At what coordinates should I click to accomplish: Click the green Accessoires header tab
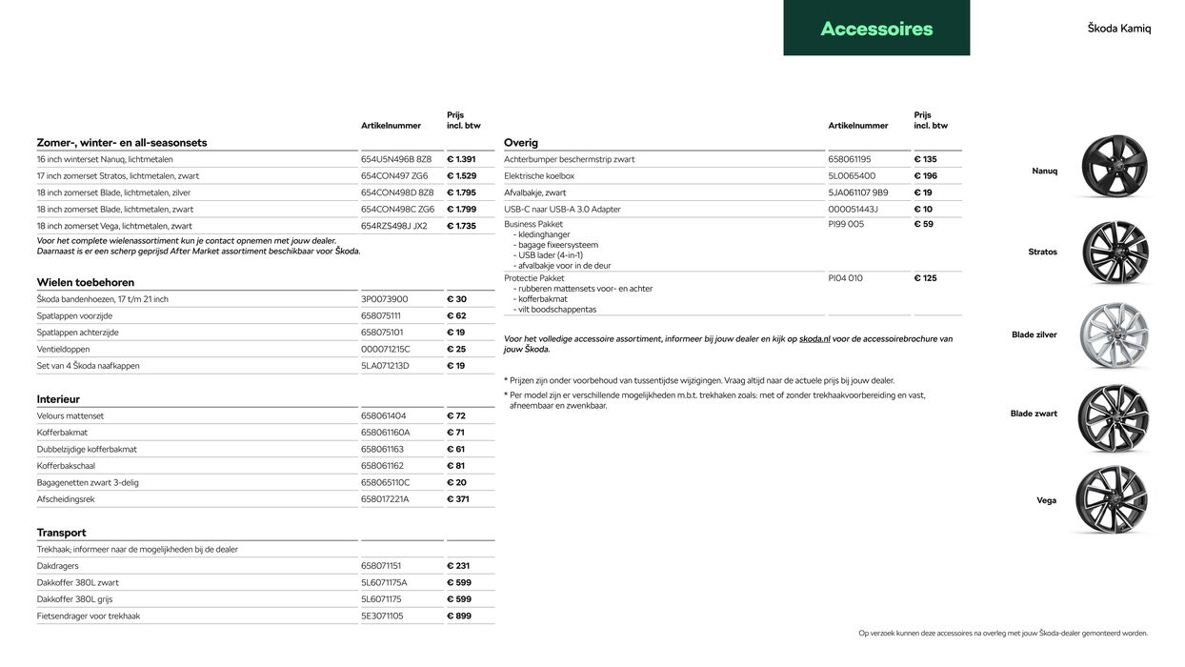click(x=876, y=28)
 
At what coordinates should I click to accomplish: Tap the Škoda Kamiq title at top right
click(x=1118, y=29)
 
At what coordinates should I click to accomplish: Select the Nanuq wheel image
click(x=1114, y=167)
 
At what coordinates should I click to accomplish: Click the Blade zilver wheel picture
click(x=1114, y=335)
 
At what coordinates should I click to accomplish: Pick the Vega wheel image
click(x=1112, y=499)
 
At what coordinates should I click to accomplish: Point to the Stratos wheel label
click(x=1042, y=253)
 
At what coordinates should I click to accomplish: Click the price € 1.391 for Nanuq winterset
click(x=461, y=159)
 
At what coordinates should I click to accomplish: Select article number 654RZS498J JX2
click(x=394, y=226)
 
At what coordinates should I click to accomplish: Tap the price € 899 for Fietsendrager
click(x=459, y=616)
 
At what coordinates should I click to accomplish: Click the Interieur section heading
click(x=58, y=399)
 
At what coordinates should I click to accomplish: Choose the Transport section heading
click(x=61, y=533)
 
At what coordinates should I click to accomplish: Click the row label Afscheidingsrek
click(x=66, y=499)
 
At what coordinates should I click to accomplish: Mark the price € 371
click(x=458, y=499)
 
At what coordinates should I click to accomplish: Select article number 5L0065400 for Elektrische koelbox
click(x=852, y=176)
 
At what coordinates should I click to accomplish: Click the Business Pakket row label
click(x=533, y=224)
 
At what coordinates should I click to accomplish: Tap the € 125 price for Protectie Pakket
click(x=925, y=278)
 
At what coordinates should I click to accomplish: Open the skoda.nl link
click(x=814, y=339)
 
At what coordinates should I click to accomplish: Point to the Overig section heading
click(x=521, y=143)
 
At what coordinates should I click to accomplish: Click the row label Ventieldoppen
click(x=64, y=349)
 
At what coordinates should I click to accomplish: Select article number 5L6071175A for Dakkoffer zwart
click(x=384, y=582)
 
